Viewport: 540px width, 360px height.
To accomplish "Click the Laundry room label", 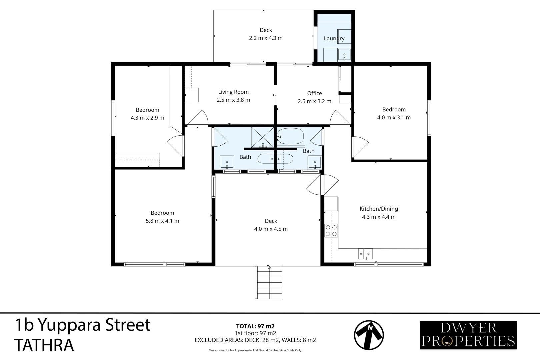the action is (x=334, y=38).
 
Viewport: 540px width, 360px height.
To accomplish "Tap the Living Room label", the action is (x=233, y=92).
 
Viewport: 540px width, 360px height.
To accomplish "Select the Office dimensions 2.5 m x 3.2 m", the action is (x=314, y=101).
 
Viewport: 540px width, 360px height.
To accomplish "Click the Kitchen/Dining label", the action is (x=379, y=209).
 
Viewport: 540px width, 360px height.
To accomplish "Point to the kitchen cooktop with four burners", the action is (x=331, y=231).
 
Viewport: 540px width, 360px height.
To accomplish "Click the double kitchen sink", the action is (x=365, y=254).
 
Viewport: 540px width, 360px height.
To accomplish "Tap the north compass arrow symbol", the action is (x=369, y=335).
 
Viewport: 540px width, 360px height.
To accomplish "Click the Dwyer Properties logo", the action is (x=468, y=335).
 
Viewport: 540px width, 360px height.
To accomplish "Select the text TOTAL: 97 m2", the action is (x=255, y=326).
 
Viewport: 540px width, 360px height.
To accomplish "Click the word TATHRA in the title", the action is (x=44, y=345).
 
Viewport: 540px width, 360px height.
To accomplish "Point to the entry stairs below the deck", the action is (x=269, y=282).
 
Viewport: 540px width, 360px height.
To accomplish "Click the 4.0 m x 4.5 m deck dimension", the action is (x=271, y=229).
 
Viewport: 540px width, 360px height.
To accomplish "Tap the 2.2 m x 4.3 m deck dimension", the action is (x=266, y=38).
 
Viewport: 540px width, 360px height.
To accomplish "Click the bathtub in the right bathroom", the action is (x=290, y=136).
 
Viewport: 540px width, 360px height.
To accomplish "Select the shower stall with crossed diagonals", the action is (x=263, y=137).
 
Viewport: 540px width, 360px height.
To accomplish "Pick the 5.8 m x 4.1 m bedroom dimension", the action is (x=162, y=221).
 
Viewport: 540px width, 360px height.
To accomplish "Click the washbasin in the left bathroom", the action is (x=227, y=162).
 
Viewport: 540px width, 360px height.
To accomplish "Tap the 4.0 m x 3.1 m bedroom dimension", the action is (x=394, y=117).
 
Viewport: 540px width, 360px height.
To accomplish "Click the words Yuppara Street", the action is (x=94, y=325).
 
